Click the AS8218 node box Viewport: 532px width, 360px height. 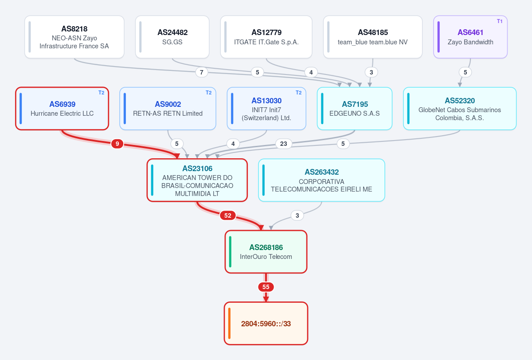click(x=74, y=37)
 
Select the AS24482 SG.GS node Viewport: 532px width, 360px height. click(x=172, y=37)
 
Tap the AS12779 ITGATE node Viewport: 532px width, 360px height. click(x=266, y=37)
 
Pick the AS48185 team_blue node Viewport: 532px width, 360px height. click(x=373, y=37)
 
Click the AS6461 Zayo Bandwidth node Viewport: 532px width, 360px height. click(x=470, y=37)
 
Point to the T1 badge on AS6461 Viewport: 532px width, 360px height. click(x=500, y=21)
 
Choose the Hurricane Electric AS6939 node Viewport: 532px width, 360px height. click(x=62, y=109)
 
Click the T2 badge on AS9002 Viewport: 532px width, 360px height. click(x=208, y=93)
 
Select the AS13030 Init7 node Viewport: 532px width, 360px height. click(x=266, y=109)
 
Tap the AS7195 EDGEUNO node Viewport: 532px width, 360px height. click(x=355, y=109)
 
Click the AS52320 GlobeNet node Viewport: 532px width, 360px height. click(x=460, y=109)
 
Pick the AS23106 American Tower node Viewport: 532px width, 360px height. click(x=197, y=180)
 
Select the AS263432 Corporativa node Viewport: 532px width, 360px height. click(x=321, y=180)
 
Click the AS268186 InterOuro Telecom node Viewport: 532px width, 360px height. click(x=266, y=252)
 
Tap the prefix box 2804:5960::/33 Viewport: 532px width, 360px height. click(x=266, y=324)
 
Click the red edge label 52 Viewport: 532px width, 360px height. click(x=228, y=215)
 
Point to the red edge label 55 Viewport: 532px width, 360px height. click(x=266, y=287)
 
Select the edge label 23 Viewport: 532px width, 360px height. click(x=284, y=144)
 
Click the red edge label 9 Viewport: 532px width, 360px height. click(x=117, y=144)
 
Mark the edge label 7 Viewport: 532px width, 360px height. click(x=202, y=72)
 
